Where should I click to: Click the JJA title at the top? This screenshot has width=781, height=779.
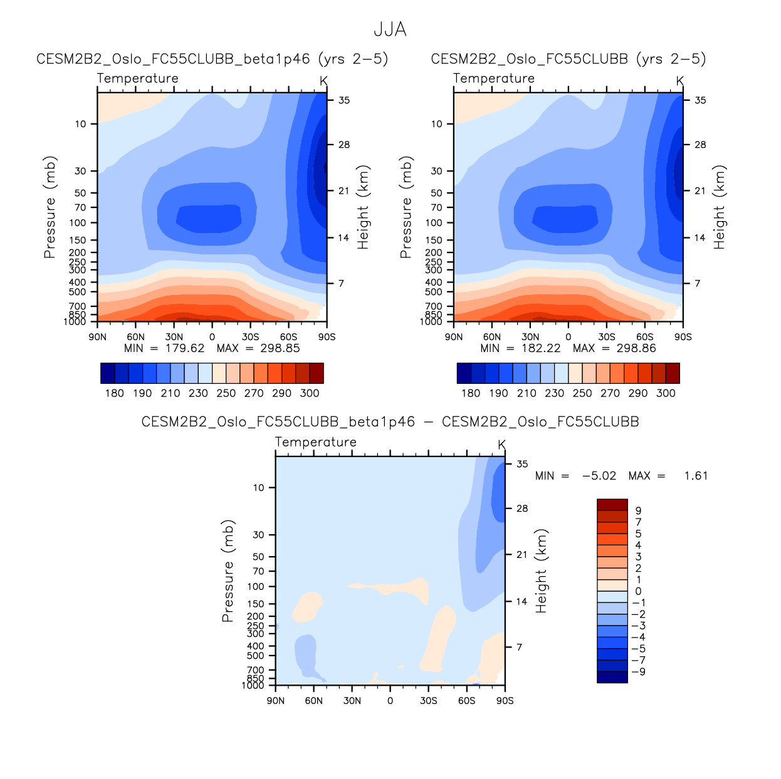click(x=390, y=29)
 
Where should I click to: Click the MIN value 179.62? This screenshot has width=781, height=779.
click(x=184, y=348)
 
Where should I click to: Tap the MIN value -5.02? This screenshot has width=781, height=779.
click(x=599, y=476)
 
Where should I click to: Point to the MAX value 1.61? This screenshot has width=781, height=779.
click(x=696, y=476)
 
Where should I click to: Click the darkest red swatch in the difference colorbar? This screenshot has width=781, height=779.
click(x=612, y=505)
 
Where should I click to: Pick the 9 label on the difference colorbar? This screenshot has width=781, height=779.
click(x=638, y=511)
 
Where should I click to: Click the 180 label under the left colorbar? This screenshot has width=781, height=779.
click(x=114, y=393)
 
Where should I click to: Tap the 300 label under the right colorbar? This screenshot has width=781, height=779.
click(x=666, y=393)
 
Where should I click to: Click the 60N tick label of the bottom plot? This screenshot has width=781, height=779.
click(x=313, y=701)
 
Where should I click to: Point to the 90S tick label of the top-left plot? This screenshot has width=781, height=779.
click(x=327, y=337)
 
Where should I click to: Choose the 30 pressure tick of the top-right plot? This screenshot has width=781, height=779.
click(x=436, y=171)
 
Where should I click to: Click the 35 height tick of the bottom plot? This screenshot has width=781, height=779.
click(x=522, y=464)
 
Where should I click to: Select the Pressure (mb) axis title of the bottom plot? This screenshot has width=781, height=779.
click(x=228, y=570)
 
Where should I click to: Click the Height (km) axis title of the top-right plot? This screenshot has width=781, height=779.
click(x=719, y=207)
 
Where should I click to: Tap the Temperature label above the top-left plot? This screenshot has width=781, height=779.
click(x=138, y=78)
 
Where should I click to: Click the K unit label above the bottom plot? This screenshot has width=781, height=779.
click(x=501, y=445)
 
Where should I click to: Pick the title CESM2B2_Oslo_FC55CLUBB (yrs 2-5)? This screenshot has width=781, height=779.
click(x=568, y=59)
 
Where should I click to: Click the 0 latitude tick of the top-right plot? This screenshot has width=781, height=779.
click(x=568, y=337)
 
